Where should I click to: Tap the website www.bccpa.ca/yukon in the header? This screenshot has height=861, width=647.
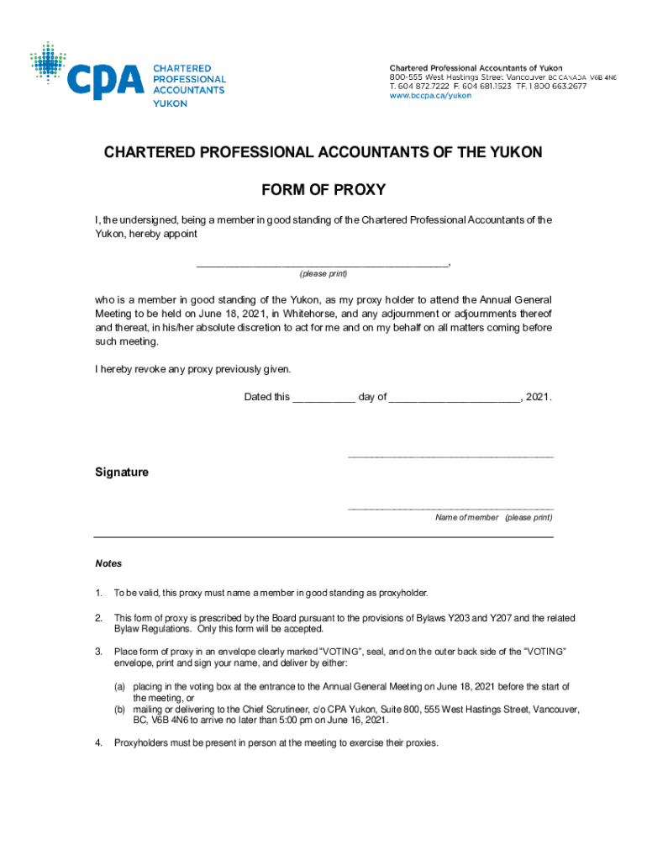click(429, 96)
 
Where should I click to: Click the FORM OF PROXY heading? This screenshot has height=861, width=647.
click(323, 190)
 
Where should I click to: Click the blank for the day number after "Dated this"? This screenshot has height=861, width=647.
click(323, 398)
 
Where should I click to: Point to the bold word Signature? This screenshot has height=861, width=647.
click(122, 473)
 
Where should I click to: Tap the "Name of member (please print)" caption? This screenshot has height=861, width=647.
click(493, 518)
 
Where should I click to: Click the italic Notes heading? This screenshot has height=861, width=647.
click(108, 563)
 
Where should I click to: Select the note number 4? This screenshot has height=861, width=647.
click(98, 743)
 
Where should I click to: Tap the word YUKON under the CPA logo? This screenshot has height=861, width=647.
click(170, 103)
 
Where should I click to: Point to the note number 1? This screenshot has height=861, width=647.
click(98, 593)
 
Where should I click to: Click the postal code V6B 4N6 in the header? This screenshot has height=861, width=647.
click(602, 77)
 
